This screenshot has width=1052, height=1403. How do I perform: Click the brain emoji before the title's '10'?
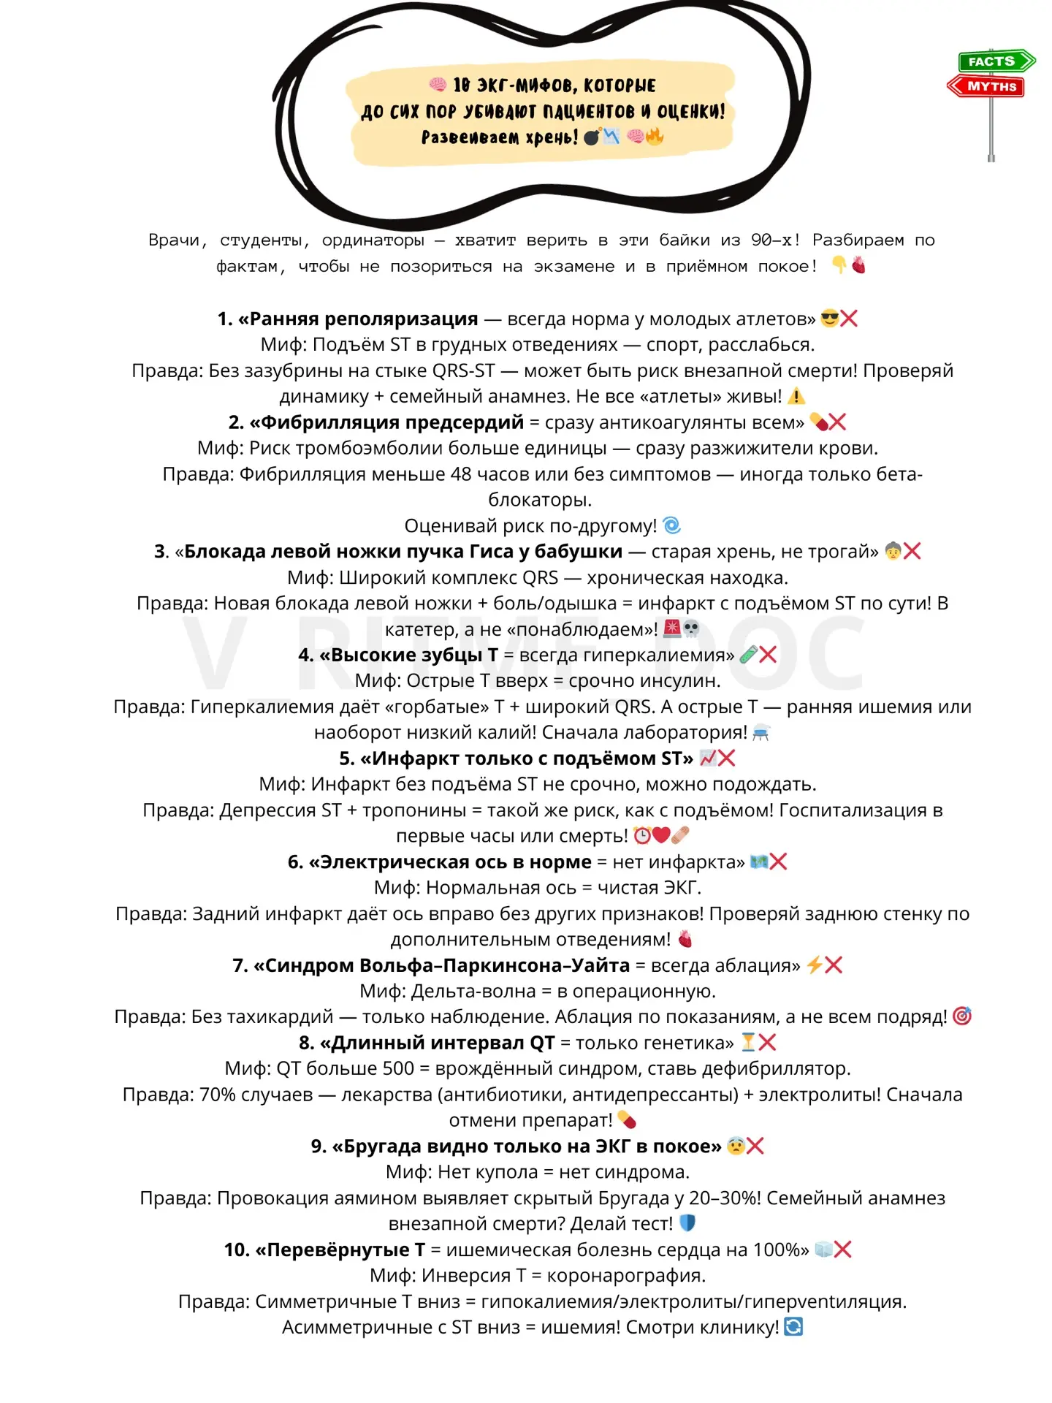point(438,84)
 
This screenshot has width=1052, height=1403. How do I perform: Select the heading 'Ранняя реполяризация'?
point(364,319)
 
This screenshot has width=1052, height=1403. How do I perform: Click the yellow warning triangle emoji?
point(796,397)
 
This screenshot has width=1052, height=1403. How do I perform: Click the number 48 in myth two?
point(461,474)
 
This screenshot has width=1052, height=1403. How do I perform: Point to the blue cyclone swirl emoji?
point(672,525)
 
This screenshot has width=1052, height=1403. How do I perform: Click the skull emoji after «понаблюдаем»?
point(691,628)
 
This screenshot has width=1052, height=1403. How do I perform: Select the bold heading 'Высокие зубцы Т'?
point(414,655)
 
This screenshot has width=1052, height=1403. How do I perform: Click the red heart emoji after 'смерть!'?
point(661,835)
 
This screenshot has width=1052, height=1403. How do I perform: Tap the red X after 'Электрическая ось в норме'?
point(779,862)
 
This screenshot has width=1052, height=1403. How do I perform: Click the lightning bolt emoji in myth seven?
point(814,965)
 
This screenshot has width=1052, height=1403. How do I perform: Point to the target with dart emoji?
point(962,1016)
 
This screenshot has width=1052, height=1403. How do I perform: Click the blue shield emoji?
point(687,1223)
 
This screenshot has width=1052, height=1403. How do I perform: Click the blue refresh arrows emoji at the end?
point(793,1327)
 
